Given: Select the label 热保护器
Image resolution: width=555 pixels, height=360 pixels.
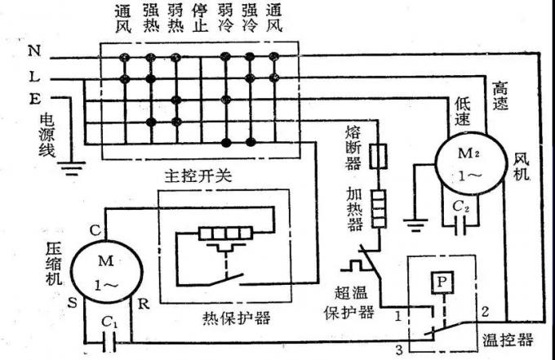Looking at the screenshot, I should point(235,317).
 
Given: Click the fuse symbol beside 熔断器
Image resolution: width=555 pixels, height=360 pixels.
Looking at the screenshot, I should point(378,156).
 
